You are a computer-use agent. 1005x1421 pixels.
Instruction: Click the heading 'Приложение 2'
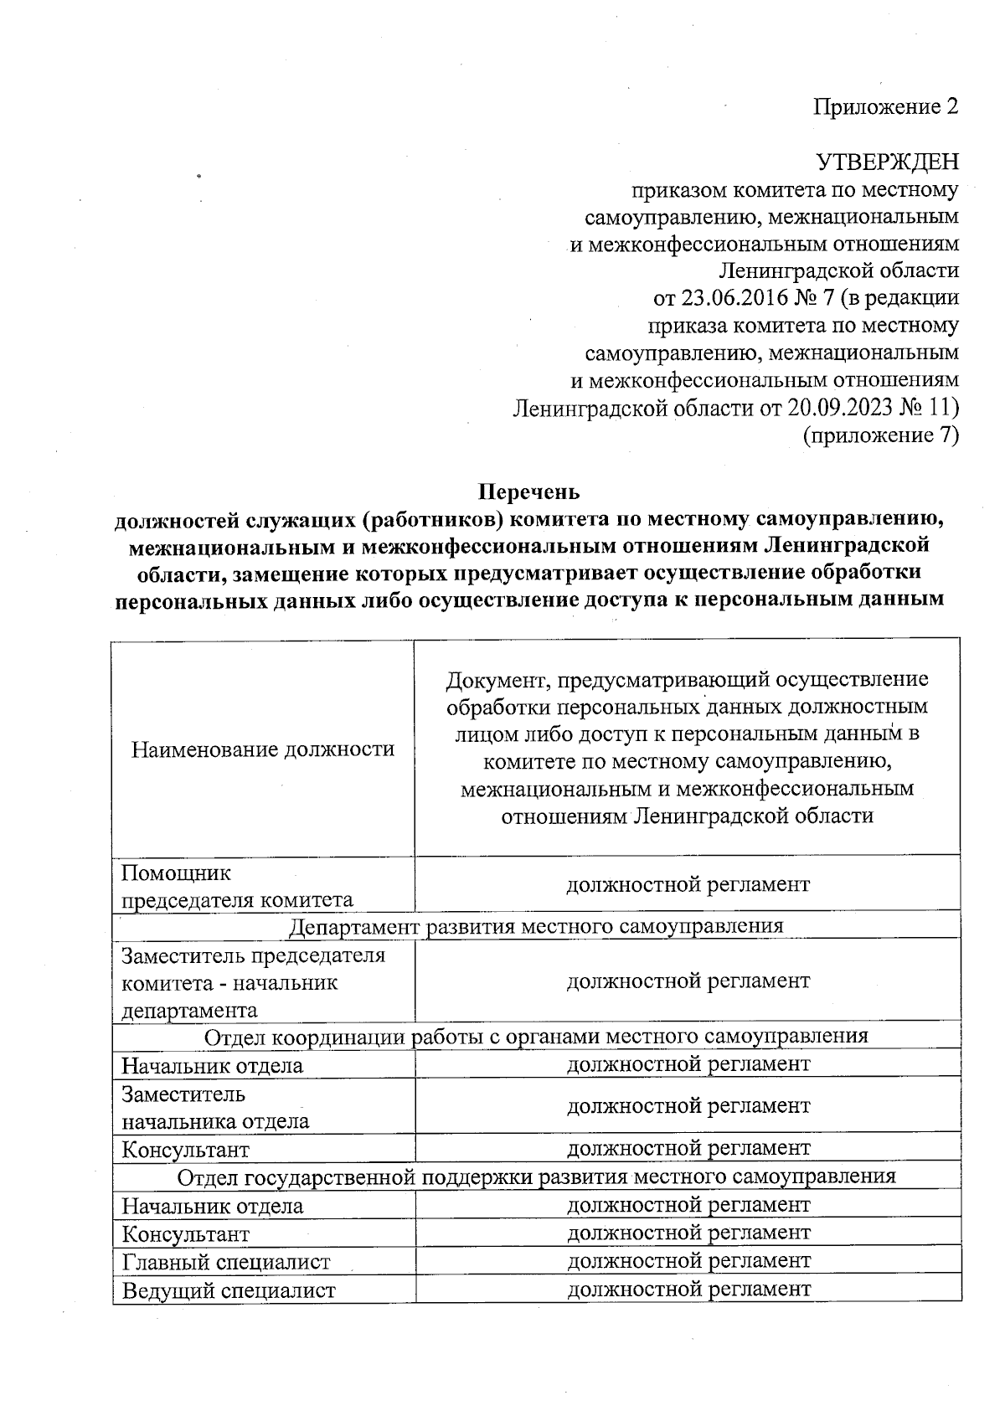[x=886, y=107]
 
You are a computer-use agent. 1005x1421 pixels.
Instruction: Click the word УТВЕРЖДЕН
[x=887, y=162]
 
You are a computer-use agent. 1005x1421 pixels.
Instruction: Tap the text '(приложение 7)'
[x=880, y=435]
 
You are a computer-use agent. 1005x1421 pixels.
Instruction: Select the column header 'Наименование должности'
[x=263, y=749]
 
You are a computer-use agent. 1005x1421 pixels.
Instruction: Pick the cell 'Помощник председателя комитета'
[x=238, y=887]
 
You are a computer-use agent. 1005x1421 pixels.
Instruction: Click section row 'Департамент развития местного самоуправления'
[x=536, y=926]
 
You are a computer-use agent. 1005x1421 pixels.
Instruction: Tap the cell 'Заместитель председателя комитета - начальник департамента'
[x=253, y=982]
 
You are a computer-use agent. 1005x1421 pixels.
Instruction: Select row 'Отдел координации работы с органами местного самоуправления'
[x=536, y=1037]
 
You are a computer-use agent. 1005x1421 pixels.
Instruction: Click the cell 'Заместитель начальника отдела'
[x=215, y=1108]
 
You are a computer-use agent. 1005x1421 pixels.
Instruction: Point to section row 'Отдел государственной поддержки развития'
[x=536, y=1176]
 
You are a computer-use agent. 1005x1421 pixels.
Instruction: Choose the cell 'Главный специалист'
[x=226, y=1262]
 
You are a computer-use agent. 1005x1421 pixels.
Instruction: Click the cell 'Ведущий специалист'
[x=229, y=1290]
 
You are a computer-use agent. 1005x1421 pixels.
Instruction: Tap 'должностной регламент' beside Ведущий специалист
[x=688, y=1289]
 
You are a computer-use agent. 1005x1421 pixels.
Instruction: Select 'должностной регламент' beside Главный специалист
[x=688, y=1260]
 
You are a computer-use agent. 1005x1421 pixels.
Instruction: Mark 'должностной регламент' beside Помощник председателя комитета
[x=688, y=884]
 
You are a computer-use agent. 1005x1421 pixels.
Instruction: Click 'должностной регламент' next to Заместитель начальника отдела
[x=688, y=1106]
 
